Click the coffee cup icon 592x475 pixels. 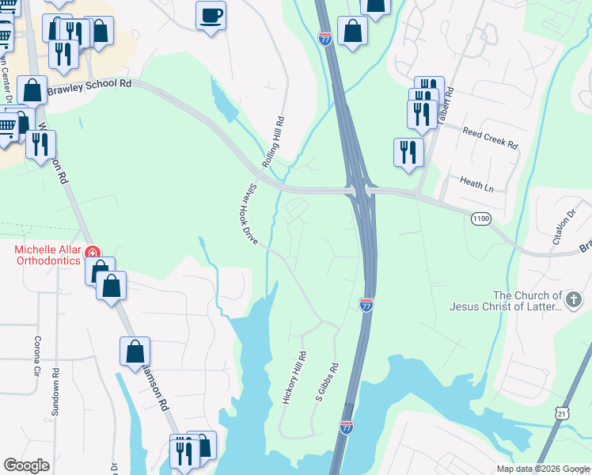tap(211, 16)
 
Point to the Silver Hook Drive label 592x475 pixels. tap(249, 213)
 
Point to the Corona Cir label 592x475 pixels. tap(36, 357)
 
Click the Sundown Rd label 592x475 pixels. tap(55, 386)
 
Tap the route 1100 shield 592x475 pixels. tap(480, 218)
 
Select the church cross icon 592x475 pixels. tap(574, 299)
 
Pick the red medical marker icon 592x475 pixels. tap(93, 253)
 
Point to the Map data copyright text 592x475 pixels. tap(542, 469)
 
